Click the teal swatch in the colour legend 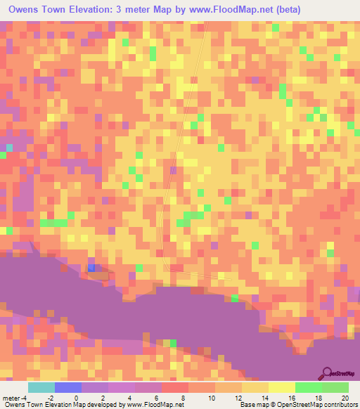click(x=41, y=387)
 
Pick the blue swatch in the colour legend click(x=67, y=387)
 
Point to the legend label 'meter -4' click(x=15, y=397)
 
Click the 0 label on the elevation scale click(x=76, y=397)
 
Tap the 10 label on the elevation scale click(x=210, y=397)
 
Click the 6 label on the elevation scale click(x=157, y=397)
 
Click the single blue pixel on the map click(x=91, y=268)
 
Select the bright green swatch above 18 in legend click(x=308, y=387)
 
